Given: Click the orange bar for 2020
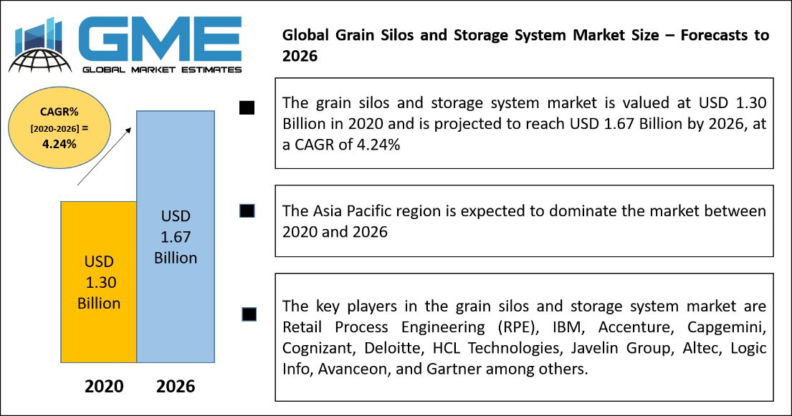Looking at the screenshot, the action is tap(98, 281).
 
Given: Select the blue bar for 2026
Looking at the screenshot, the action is tap(176, 236).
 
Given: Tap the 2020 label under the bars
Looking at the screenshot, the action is tap(104, 386).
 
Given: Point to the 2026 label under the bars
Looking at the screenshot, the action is tap(176, 386).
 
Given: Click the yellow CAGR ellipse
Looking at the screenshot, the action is tap(59, 127).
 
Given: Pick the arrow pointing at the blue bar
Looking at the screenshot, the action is tap(104, 156).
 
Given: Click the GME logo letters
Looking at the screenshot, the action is tap(160, 39).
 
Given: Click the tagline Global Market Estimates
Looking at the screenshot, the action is tap(162, 69).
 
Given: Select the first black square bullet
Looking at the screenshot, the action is tap(247, 107).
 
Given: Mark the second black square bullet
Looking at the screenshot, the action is tap(247, 211).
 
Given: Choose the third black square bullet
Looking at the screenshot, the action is tap(249, 314).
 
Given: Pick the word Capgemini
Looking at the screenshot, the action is tap(727, 328).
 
